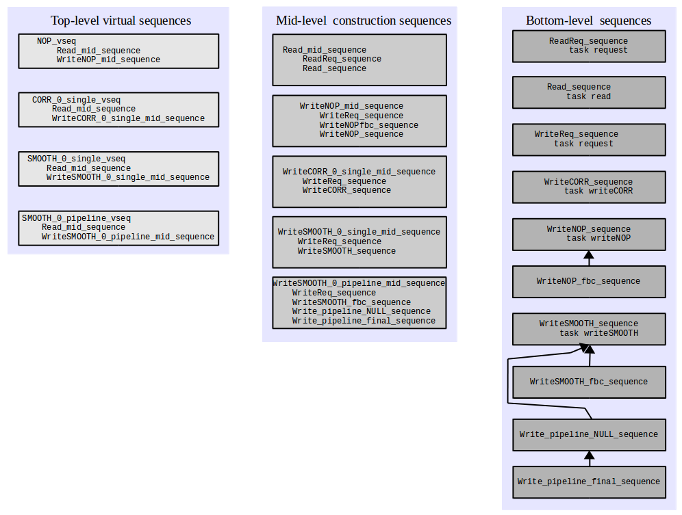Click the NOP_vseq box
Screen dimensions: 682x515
tap(118, 51)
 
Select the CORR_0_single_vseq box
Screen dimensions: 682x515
tap(118, 109)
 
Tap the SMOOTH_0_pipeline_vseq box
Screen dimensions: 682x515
tap(118, 228)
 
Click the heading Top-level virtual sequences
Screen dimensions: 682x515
tap(121, 21)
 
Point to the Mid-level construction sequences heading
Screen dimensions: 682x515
tap(364, 21)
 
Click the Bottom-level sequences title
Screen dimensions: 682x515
tap(588, 21)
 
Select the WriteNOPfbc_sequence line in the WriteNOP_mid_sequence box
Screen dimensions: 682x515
tap(369, 125)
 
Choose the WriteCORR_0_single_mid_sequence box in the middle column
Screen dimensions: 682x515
tap(359, 182)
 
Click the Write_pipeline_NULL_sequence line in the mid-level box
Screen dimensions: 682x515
tap(361, 311)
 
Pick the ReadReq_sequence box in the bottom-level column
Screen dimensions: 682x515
tap(589, 46)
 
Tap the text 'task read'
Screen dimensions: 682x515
tap(588, 96)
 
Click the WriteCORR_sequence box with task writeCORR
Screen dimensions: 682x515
tap(589, 187)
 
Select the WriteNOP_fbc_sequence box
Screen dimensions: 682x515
tap(589, 282)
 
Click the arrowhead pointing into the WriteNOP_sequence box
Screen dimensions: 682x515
tap(589, 254)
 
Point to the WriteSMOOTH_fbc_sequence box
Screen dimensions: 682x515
tap(589, 382)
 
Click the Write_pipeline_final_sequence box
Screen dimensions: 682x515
tap(589, 482)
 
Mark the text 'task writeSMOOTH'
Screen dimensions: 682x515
tap(598, 333)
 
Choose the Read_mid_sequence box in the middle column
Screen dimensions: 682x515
tap(359, 60)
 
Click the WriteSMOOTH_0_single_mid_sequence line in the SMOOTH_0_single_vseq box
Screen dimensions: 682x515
tap(128, 177)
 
